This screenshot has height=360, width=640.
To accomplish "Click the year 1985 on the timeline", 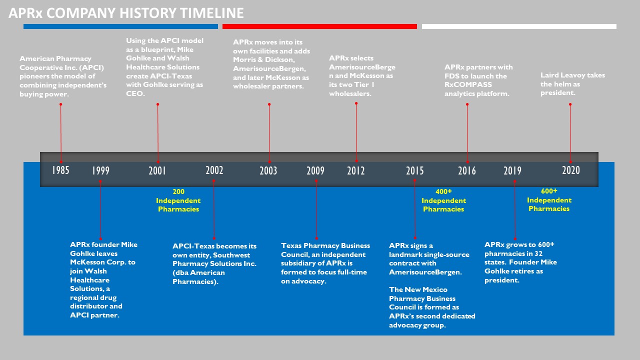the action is point(60,170).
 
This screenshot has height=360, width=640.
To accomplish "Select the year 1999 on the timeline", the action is point(100,170).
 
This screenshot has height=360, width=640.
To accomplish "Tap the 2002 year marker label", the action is point(214,170).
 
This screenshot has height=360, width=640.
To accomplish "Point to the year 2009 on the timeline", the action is point(315,170).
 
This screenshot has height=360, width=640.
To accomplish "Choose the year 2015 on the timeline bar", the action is point(415,170).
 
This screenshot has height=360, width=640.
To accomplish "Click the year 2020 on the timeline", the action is point(571,170).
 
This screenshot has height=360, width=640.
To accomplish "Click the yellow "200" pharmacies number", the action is point(178,191).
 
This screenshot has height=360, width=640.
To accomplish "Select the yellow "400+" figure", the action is point(443,191).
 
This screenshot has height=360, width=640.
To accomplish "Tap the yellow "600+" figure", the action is point(549,191).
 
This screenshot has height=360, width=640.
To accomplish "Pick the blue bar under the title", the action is point(120,26).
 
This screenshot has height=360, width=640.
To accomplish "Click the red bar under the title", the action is point(319,26).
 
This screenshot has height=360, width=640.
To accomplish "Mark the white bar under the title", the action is point(519,26).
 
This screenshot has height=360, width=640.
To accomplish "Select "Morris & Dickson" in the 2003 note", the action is point(263,59).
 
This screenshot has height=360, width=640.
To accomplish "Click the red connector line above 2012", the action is point(356,132).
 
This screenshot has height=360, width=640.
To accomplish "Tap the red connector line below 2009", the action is point(316,209).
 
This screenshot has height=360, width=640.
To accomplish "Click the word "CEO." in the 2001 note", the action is point(135,93).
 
